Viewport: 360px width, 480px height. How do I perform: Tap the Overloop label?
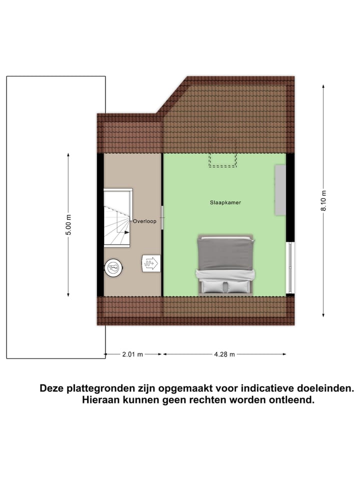(x=144, y=220)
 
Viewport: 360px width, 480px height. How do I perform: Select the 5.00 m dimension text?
(x=69, y=225)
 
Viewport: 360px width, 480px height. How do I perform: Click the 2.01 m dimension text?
(x=132, y=354)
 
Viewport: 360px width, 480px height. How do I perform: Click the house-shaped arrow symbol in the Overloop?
(x=150, y=263)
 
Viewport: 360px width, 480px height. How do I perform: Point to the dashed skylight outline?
(x=222, y=159)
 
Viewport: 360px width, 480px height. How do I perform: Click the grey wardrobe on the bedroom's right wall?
(x=280, y=189)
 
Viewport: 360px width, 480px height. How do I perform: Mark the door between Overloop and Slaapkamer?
(x=162, y=217)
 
